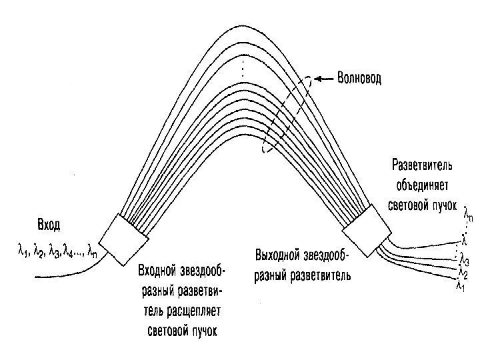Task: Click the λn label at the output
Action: click(469, 215)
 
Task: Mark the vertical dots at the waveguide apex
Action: click(244, 67)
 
